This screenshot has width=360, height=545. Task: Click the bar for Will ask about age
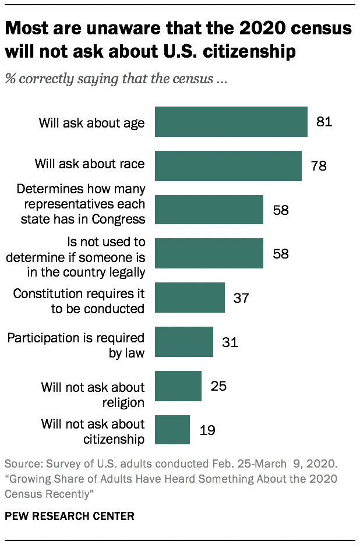(231, 122)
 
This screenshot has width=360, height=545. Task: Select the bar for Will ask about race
(228, 165)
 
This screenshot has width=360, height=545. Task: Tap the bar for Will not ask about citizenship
(172, 430)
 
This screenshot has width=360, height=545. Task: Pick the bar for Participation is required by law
(184, 342)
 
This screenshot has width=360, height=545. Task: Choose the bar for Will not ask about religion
(178, 386)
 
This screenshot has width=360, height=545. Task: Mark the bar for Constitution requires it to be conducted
(190, 298)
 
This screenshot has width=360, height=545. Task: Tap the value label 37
(241, 298)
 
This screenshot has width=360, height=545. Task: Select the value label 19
(206, 430)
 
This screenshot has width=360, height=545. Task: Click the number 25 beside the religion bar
(218, 386)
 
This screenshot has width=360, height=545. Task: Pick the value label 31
(230, 342)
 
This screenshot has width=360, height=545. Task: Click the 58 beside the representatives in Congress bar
(280, 210)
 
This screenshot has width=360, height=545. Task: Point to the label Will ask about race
(90, 164)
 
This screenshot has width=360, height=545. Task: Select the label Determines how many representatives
(81, 204)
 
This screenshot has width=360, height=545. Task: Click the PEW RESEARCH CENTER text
(69, 516)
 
